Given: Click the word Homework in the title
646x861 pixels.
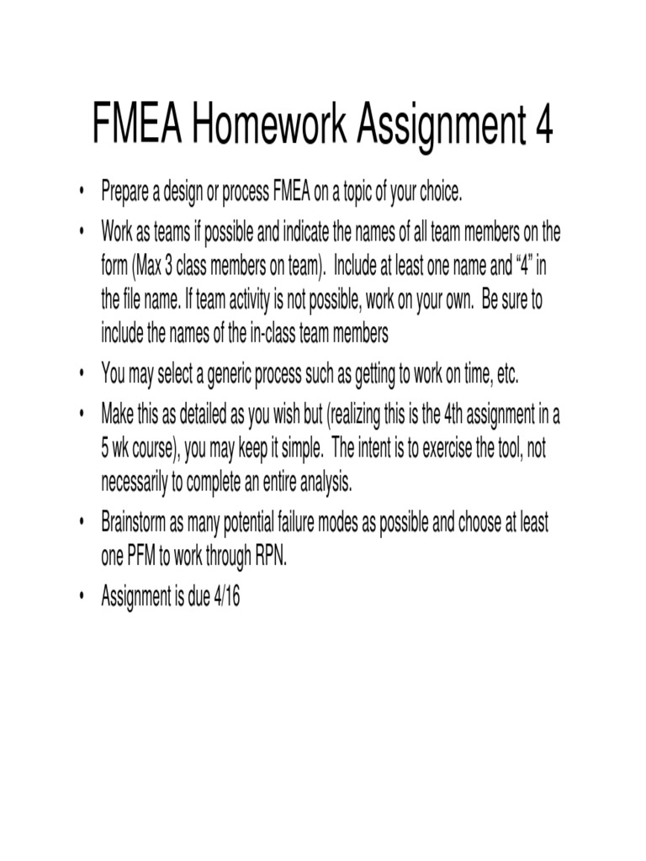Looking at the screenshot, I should point(268,126).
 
